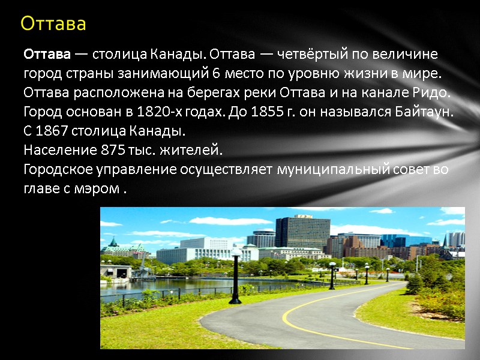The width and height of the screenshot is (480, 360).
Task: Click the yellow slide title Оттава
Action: pyautogui.click(x=53, y=24)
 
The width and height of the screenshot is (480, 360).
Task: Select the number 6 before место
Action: pyautogui.click(x=216, y=74)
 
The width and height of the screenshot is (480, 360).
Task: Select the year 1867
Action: pyautogui.click(x=49, y=131)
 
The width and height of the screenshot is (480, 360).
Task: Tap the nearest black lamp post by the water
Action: pyautogui.click(x=235, y=276)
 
